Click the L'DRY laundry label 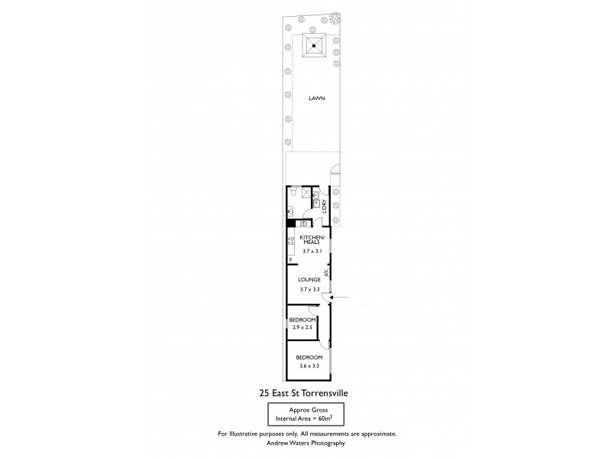pyautogui.click(x=325, y=205)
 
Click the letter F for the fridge pyautogui.click(x=290, y=261)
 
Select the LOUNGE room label pyautogui.click(x=309, y=279)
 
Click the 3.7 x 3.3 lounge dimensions pyautogui.click(x=309, y=289)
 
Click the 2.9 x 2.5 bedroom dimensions pyautogui.click(x=302, y=327)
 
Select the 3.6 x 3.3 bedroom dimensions pyautogui.click(x=310, y=366)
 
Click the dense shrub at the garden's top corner pyautogui.click(x=334, y=18)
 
